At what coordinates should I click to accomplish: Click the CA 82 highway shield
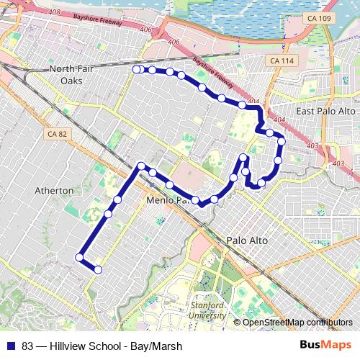55,134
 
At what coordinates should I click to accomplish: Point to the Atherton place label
54,190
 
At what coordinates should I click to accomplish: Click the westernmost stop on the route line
80,257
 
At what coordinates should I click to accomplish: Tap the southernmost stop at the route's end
98,270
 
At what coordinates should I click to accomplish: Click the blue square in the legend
11,346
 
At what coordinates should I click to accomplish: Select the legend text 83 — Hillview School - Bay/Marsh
102,346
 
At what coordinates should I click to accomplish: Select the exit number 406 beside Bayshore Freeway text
147,30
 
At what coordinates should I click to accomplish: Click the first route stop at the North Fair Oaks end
136,69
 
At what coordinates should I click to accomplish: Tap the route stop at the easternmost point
282,142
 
